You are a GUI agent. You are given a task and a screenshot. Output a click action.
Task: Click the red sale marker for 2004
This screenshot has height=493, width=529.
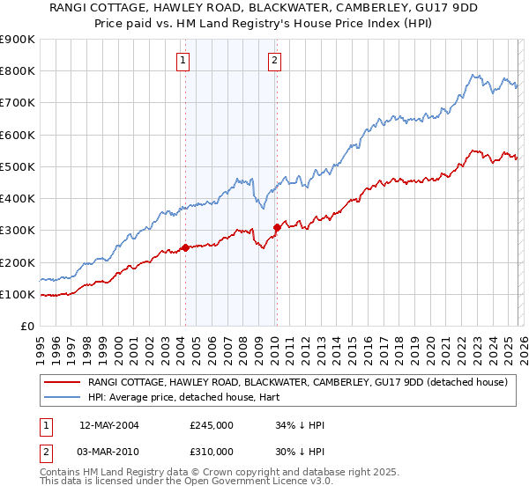tap(185, 248)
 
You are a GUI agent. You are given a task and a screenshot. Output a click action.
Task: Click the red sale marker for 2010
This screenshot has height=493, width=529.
tap(276, 227)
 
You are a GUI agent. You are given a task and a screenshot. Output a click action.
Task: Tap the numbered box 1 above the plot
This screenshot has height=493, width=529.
tap(183, 61)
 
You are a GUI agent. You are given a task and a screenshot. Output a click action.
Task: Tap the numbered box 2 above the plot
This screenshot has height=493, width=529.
tap(274, 61)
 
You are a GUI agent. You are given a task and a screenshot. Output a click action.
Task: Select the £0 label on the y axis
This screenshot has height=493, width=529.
tap(26, 326)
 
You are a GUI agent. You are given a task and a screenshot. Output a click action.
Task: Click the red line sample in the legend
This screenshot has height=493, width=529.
tap(63, 382)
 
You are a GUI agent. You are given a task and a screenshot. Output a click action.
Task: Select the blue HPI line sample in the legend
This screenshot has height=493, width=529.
tap(63, 397)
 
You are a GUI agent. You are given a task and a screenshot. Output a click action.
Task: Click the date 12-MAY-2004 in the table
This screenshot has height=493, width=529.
tap(112, 425)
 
